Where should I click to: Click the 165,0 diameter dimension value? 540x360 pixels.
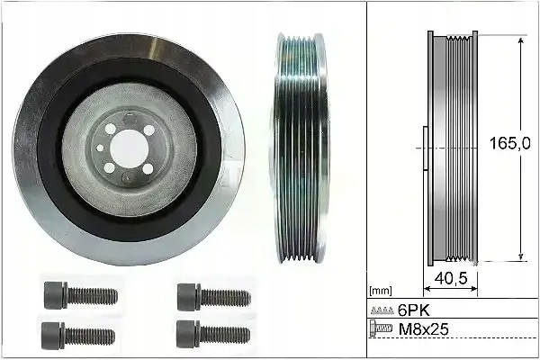pyautogui.click(x=509, y=143)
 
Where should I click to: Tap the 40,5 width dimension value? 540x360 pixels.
pyautogui.click(x=451, y=278)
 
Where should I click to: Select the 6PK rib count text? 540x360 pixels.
pyautogui.click(x=414, y=310)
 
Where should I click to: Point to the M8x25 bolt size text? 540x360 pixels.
pyautogui.click(x=423, y=329)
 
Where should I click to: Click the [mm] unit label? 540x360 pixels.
pyautogui.click(x=380, y=291)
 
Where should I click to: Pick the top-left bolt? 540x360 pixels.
pyautogui.click(x=81, y=295)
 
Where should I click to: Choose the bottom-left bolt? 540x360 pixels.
pyautogui.click(x=78, y=335)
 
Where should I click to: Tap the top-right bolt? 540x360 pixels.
pyautogui.click(x=214, y=297)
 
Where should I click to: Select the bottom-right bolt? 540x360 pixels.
pyautogui.click(x=213, y=334)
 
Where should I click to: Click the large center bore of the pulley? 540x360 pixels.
pyautogui.click(x=130, y=149)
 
